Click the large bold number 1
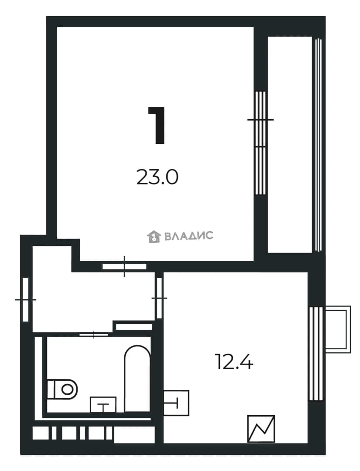157,125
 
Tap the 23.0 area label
158,177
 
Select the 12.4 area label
234,362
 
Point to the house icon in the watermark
154,236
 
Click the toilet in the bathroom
62,389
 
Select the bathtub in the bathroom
137,379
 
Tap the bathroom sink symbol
103,405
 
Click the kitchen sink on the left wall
176,403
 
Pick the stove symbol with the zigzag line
261,429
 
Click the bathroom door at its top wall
94,334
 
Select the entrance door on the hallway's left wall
26,300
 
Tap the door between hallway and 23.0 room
124,266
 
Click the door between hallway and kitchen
159,298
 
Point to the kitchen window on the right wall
316,354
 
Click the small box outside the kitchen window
338,329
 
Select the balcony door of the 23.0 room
260,143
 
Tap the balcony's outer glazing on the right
319,145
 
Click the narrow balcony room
290,145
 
